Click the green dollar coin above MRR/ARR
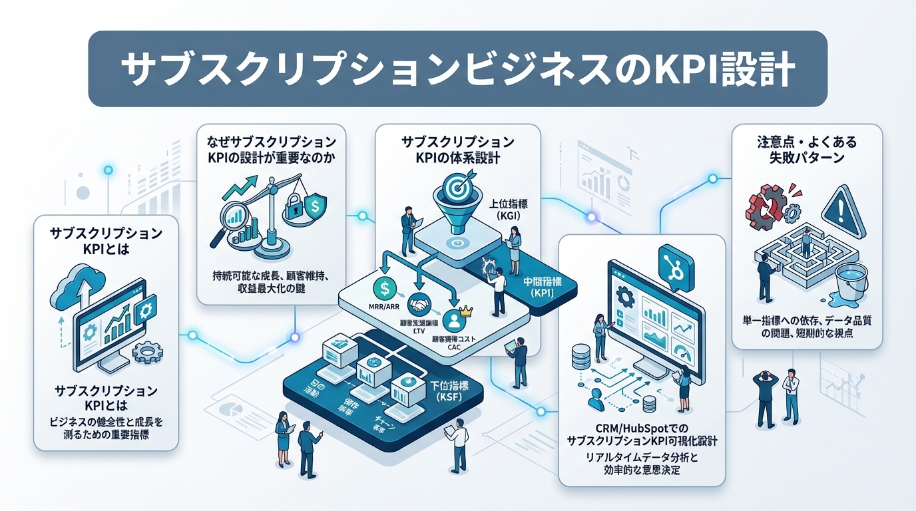[385, 288]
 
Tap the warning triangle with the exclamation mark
[842, 206]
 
